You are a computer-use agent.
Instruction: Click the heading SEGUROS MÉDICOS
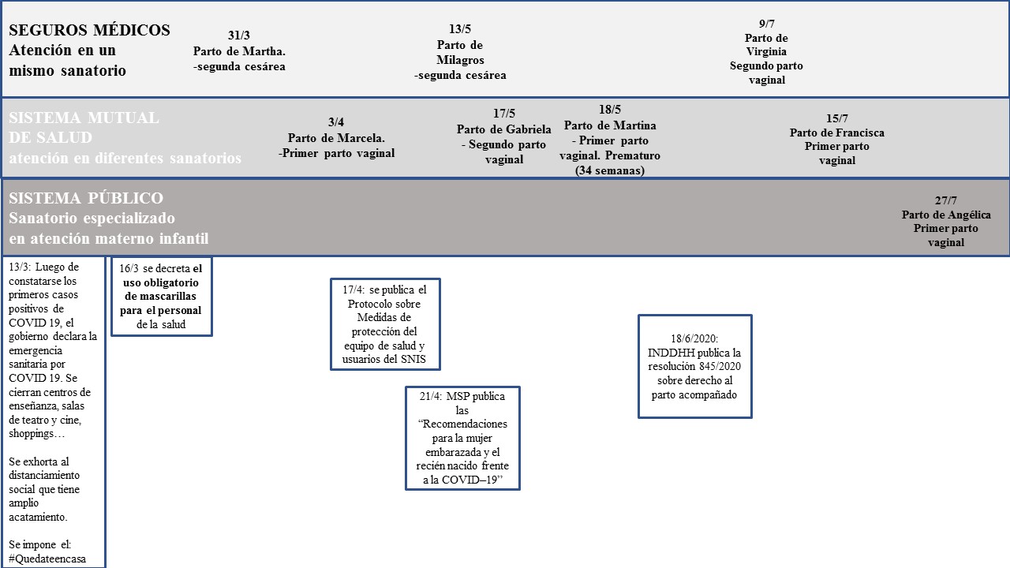pos(89,30)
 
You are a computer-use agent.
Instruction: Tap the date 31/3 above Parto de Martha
pos(239,36)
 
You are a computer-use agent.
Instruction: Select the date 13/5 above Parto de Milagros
pos(460,30)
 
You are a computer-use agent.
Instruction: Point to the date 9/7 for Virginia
pos(765,24)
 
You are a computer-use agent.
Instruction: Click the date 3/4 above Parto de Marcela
pos(336,122)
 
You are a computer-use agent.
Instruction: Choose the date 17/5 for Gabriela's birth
pos(503,114)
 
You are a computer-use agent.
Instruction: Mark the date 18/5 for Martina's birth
pos(610,110)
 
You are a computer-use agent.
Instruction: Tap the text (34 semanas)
pos(610,170)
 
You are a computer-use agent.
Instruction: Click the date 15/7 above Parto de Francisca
pos(837,118)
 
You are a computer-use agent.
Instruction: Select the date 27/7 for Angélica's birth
pos(946,200)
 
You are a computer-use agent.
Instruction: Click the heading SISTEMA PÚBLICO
pos(86,198)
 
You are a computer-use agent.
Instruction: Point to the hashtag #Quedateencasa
pos(47,559)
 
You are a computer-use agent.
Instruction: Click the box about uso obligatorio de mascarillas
pos(162,297)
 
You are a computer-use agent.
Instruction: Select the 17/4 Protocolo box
pos(385,323)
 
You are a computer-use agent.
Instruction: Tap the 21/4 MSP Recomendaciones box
pos(462,438)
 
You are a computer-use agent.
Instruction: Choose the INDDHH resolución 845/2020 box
pos(694,366)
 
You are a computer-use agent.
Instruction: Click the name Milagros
pos(460,60)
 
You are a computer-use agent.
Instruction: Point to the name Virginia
pos(765,52)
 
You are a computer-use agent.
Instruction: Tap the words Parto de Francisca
pos(837,133)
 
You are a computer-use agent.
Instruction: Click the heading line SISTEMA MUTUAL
pos(84,118)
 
